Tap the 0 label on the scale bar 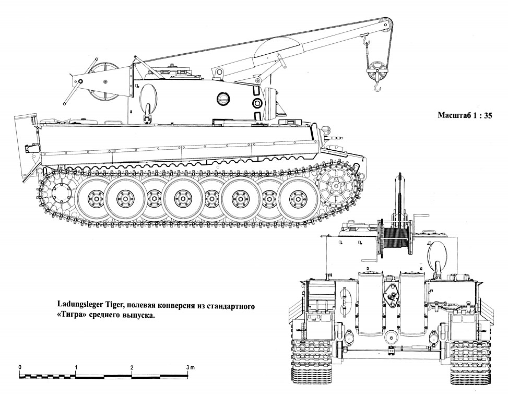(x=20, y=367)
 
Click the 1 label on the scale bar (x=76, y=367)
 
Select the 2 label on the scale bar (x=133, y=367)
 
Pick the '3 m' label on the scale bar (x=190, y=367)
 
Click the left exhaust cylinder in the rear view (x=370, y=300)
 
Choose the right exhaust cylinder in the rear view (x=412, y=300)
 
